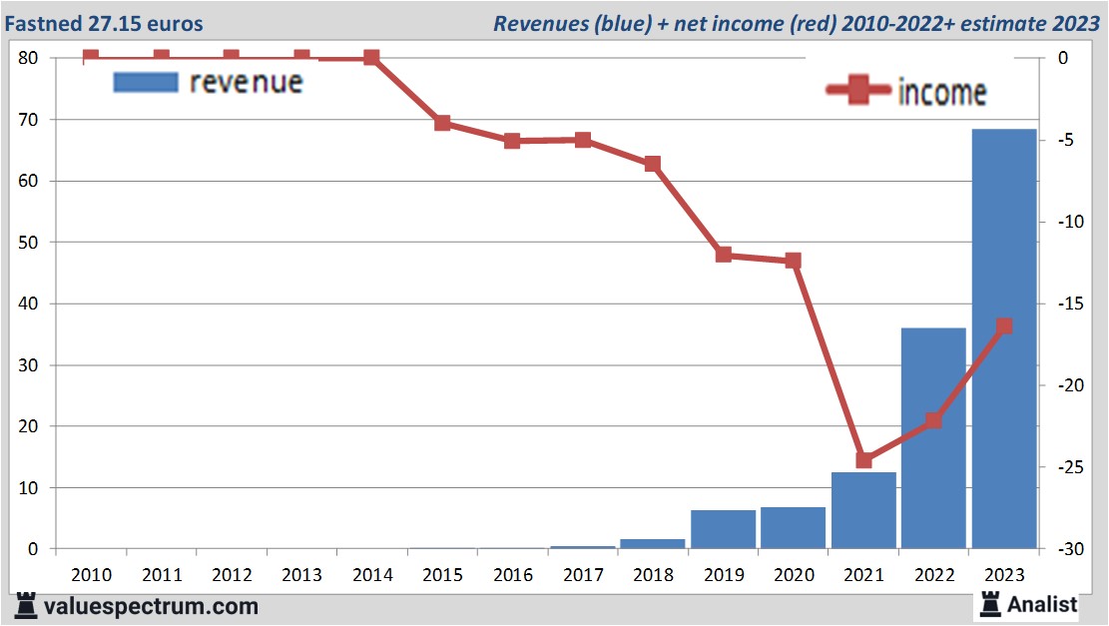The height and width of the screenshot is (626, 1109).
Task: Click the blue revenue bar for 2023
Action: coord(1003,339)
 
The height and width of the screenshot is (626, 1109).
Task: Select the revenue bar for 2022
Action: coord(933,438)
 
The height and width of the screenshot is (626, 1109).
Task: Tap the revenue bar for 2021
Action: coord(863,510)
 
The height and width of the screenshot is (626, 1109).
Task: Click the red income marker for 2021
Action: coord(863,460)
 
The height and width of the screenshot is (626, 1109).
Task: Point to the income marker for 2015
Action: coord(442,124)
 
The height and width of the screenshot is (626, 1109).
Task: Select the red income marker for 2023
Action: coord(1004,326)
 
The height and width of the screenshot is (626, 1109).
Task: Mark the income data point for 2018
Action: coord(653,164)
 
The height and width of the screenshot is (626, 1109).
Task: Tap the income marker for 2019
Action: coord(724,255)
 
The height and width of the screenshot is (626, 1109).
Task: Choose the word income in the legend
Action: coord(942,93)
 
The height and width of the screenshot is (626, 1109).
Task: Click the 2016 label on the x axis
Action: coord(512,575)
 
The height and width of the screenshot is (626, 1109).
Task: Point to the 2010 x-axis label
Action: coord(91,575)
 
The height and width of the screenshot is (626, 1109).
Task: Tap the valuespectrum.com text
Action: coord(150,606)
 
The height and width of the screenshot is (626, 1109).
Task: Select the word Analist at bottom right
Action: coord(1042,604)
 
